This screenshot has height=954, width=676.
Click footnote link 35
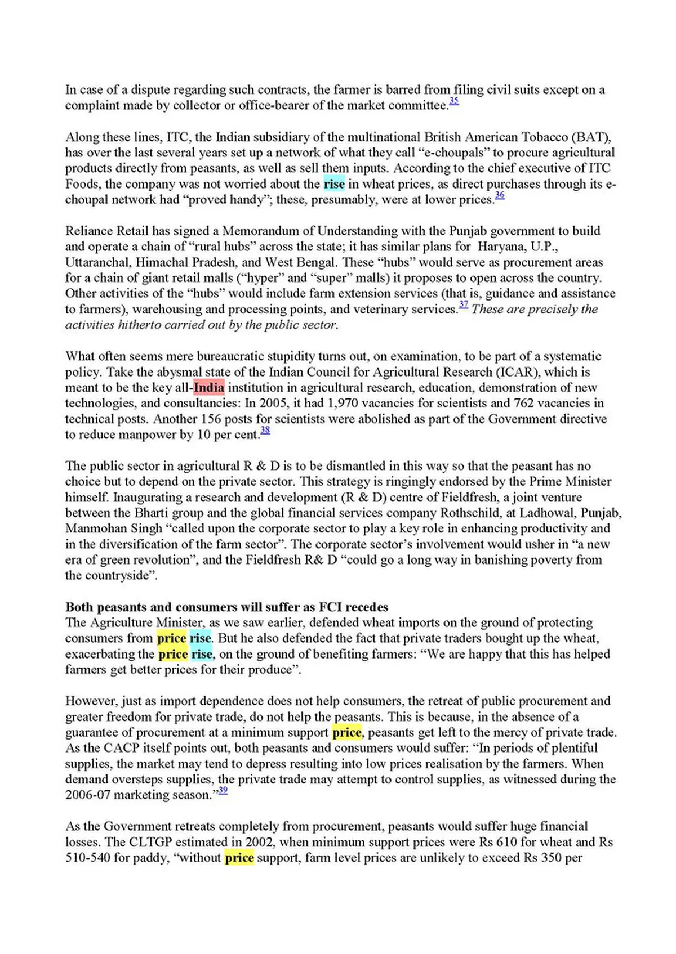click(x=454, y=101)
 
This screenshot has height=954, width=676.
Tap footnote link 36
click(x=500, y=195)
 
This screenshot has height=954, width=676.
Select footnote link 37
click(x=464, y=305)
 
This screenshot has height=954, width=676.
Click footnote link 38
click(x=265, y=431)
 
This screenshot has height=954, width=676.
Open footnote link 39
click(x=223, y=791)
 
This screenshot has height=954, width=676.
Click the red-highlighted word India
click(x=209, y=388)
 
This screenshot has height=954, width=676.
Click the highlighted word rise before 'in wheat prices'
click(x=334, y=184)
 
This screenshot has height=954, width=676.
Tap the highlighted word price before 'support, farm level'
click(x=239, y=858)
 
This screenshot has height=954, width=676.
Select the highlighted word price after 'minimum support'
click(x=347, y=733)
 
